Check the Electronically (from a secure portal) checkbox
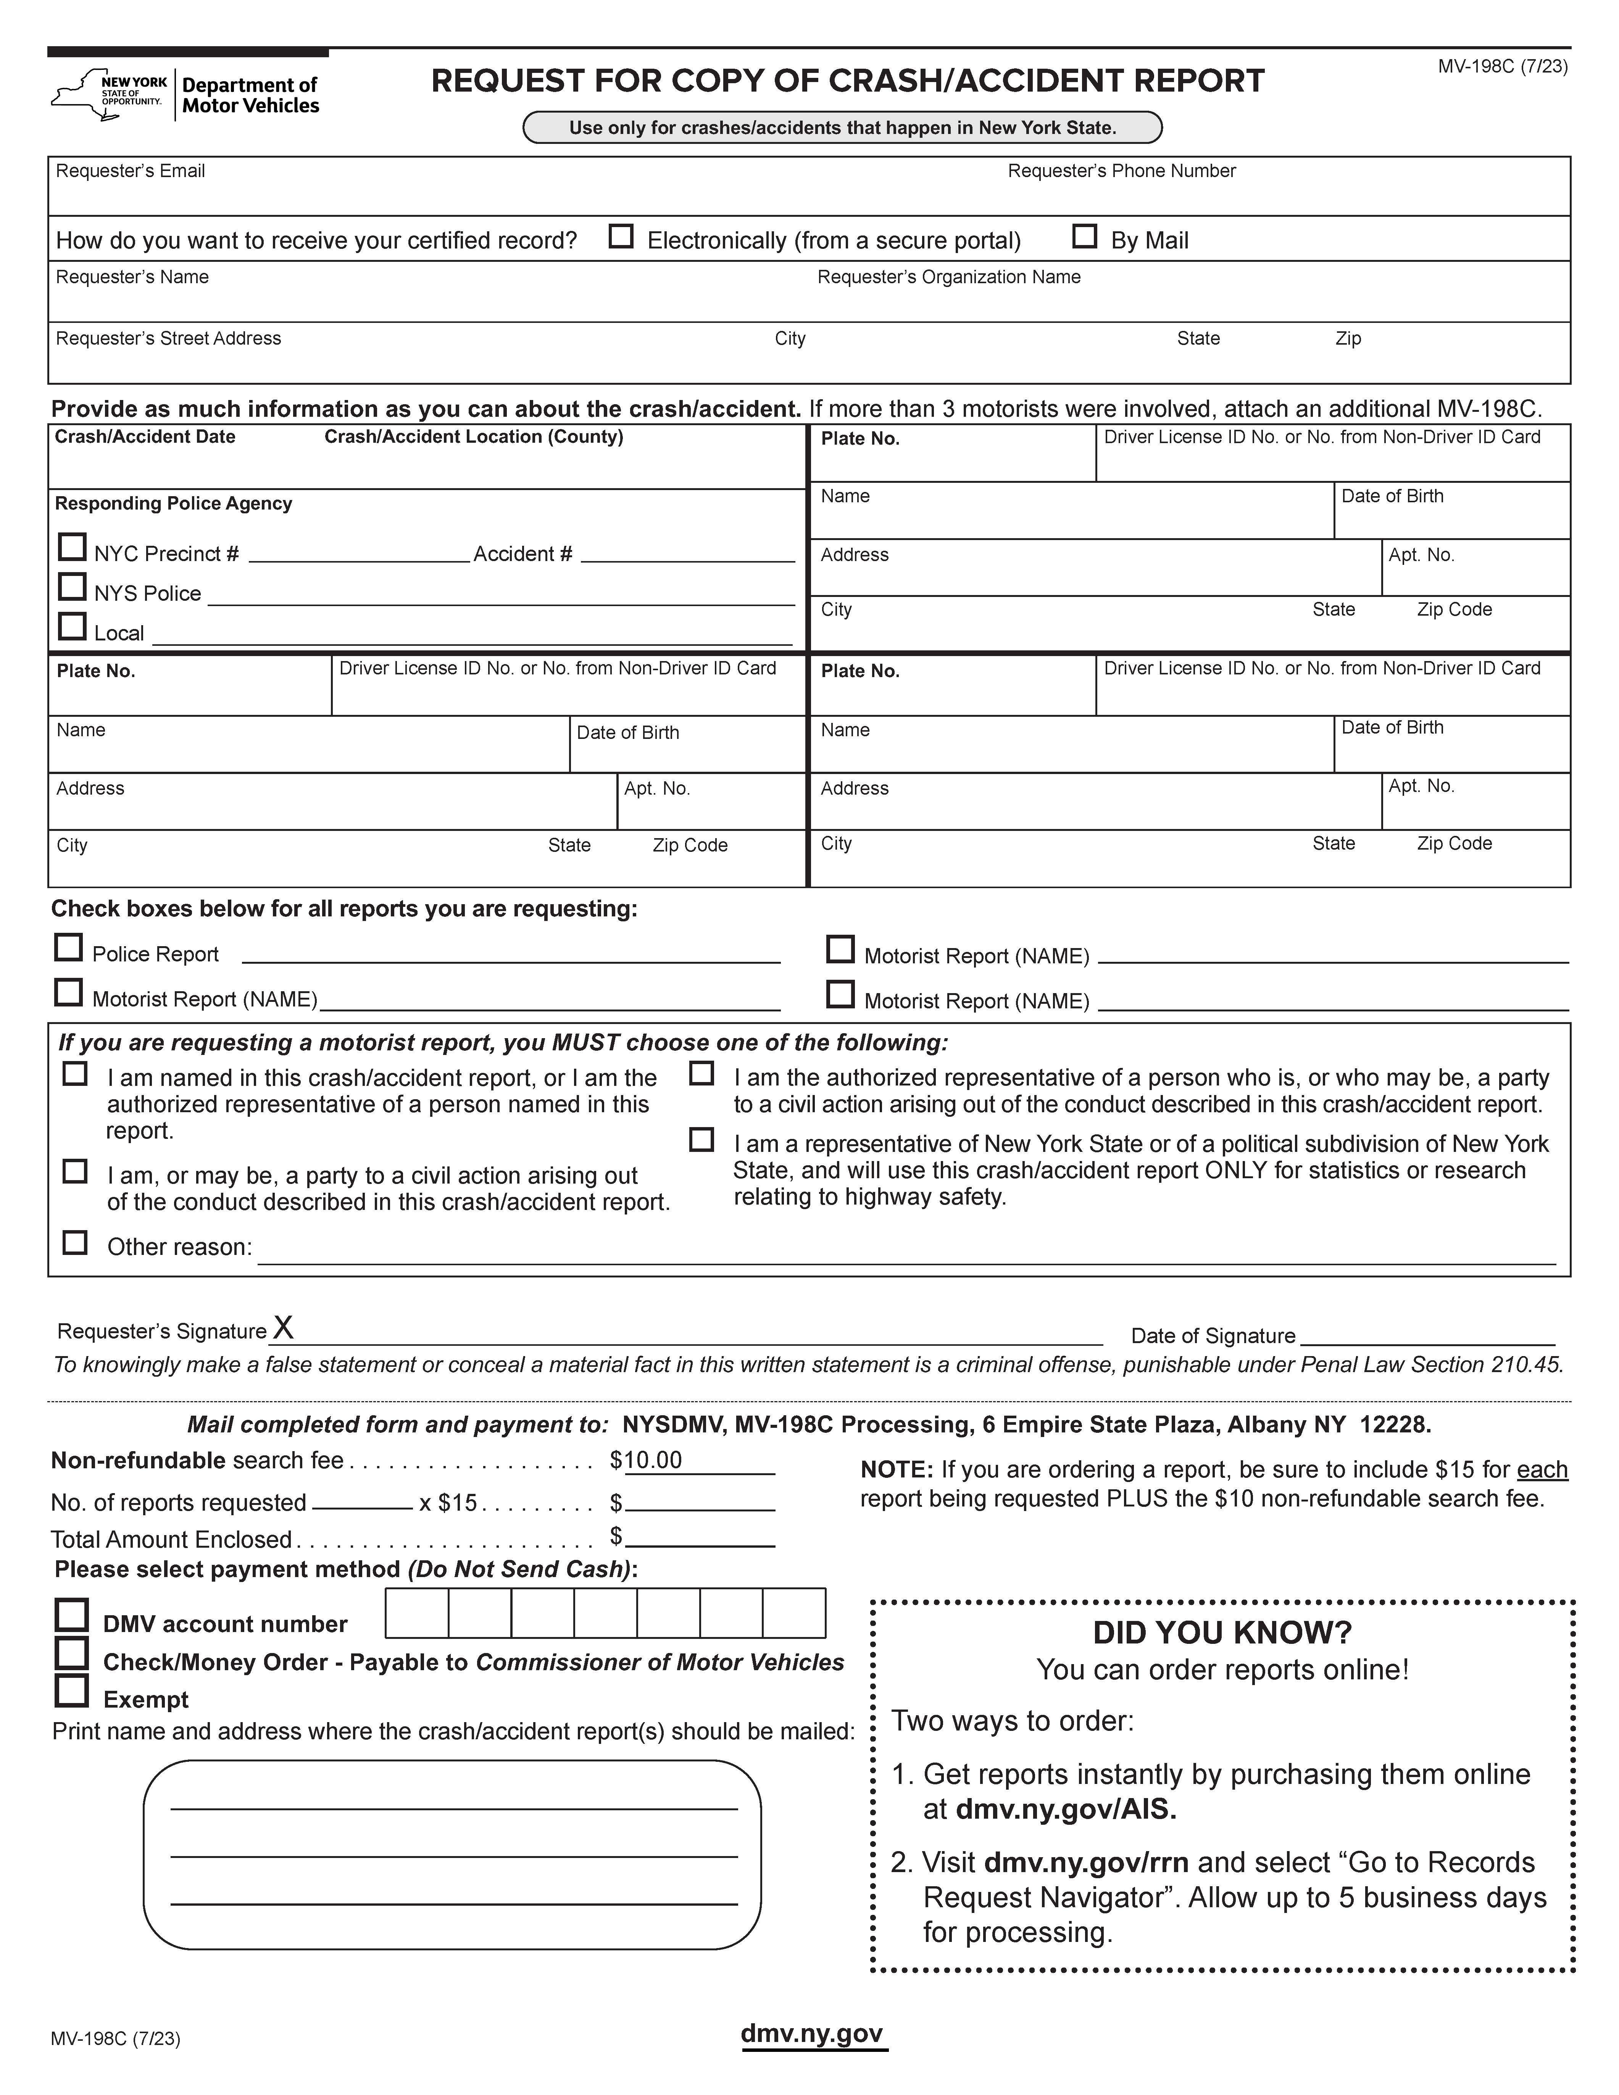[621, 236]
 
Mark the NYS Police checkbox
[72, 586]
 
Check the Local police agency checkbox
[72, 626]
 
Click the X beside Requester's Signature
[283, 1327]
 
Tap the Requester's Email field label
[131, 171]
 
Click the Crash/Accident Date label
[145, 437]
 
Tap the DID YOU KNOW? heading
[1222, 1633]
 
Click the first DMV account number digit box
[416, 1613]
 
